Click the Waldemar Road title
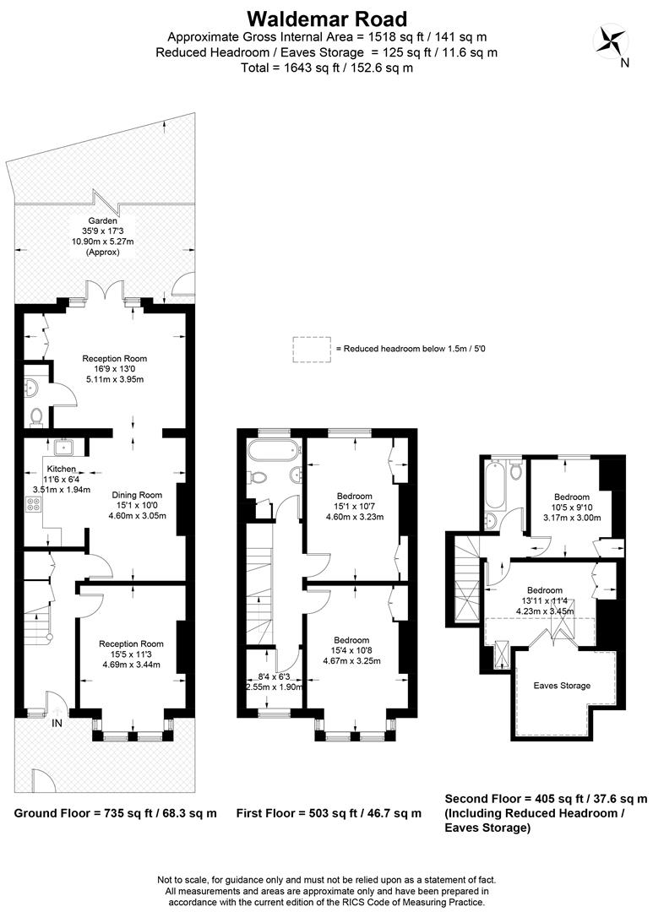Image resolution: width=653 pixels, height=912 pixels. coord(327,19)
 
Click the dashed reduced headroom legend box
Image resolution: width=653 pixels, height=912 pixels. coord(312,350)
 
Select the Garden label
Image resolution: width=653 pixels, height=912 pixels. coord(102,221)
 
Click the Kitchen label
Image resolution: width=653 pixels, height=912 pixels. coord(61,469)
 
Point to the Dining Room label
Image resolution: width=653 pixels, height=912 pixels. coord(138,495)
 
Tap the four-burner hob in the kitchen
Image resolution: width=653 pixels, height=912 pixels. coord(33,503)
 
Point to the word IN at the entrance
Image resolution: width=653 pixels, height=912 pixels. coord(57,723)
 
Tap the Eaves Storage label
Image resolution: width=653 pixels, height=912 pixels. coord(562,685)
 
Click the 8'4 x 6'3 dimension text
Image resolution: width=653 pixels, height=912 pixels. coord(274,676)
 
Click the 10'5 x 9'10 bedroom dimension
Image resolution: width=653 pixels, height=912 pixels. coord(572,508)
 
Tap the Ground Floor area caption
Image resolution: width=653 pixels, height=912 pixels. coord(115,813)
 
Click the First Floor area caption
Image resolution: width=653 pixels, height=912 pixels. coord(329,813)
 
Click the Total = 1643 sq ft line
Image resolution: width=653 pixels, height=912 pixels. coord(327,68)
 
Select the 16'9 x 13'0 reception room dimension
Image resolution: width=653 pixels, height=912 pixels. coord(114,369)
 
